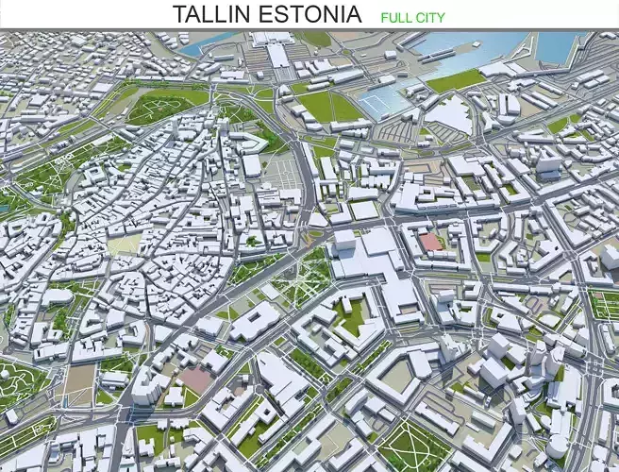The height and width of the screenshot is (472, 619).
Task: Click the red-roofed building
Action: click(430, 243)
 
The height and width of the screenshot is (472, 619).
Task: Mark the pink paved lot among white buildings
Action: click(197, 379)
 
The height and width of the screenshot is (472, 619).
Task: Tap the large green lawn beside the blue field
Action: click(330, 105)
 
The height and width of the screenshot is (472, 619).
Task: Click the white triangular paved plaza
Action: click(452, 117)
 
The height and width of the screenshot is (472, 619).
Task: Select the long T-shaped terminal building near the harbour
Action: click(279, 51)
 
